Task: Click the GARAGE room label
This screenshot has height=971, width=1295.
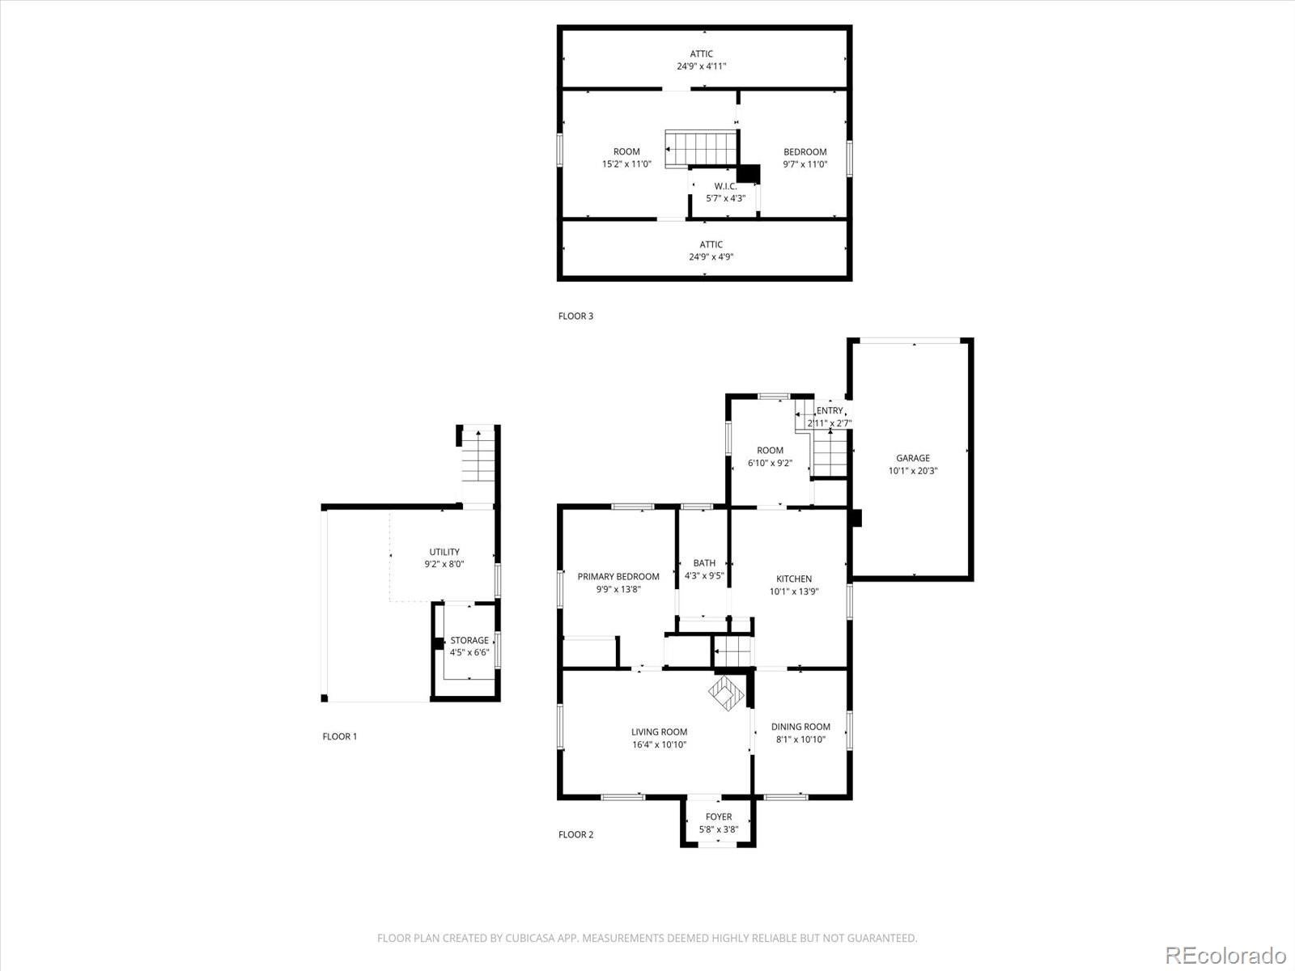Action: (x=912, y=458)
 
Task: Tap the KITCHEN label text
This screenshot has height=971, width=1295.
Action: (x=793, y=579)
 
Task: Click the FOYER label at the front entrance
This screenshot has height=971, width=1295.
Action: (x=718, y=816)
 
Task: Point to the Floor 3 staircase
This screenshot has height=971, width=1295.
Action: (x=701, y=149)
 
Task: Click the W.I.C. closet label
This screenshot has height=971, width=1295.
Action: (x=724, y=186)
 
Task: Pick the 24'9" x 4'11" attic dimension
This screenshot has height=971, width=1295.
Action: (x=701, y=66)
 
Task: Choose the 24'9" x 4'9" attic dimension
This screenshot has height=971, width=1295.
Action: (x=711, y=257)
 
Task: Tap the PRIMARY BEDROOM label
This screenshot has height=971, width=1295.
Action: (x=618, y=577)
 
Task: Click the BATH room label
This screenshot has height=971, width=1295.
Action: (x=704, y=563)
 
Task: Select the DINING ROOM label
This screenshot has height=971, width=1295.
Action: (x=800, y=727)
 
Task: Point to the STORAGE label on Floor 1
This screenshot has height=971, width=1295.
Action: (x=469, y=640)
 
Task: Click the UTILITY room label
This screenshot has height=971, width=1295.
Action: (x=444, y=552)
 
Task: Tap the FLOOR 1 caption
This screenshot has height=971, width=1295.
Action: (x=339, y=736)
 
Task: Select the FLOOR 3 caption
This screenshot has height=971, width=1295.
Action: (x=575, y=316)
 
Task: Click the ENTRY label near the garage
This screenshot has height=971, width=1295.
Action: (x=829, y=411)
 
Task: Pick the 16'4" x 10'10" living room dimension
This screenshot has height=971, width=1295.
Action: (x=659, y=744)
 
